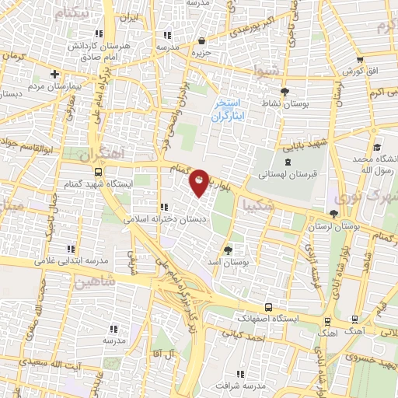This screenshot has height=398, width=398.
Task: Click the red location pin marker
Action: [199, 183]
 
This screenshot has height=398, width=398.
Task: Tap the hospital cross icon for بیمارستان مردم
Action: [54, 75]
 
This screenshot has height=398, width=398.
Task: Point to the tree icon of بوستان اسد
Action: [228, 250]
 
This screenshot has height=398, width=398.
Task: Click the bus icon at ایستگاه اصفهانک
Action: [268, 306]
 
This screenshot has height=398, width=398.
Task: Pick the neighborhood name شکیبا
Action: [257, 206]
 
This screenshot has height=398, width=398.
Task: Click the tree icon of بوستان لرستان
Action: [334, 214]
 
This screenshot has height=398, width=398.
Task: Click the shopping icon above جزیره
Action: [202, 40]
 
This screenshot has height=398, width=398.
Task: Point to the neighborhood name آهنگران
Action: [102, 152]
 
